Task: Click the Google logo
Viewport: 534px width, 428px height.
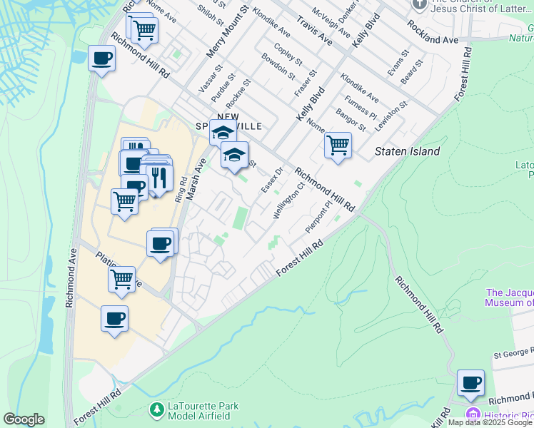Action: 24,419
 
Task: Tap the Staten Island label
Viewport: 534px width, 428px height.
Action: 408,152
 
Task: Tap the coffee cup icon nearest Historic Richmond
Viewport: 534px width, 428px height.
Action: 471,383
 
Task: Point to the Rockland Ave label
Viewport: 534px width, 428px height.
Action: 433,33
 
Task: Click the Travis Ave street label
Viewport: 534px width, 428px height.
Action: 315,29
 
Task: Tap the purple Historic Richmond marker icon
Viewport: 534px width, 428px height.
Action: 472,414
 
